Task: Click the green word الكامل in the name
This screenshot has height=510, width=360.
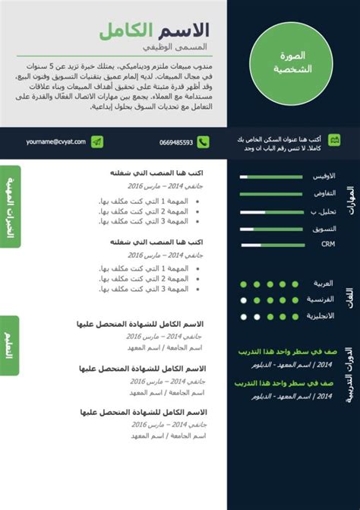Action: pyautogui.click(x=125, y=31)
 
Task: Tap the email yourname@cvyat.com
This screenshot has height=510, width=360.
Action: pyautogui.click(x=53, y=142)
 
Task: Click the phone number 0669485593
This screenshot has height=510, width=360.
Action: pyautogui.click(x=176, y=142)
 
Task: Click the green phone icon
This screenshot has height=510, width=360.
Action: pyautogui.click(x=204, y=142)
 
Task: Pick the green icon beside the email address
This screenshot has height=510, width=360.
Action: pyautogui.click(x=96, y=142)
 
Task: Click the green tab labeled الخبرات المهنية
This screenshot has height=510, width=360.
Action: pyautogui.click(x=9, y=206)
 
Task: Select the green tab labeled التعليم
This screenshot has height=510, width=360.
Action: pyautogui.click(x=9, y=334)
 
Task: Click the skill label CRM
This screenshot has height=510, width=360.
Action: pyautogui.click(x=327, y=245)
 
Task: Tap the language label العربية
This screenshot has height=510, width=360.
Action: pyautogui.click(x=324, y=284)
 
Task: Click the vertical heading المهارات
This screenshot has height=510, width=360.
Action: pyautogui.click(x=349, y=204)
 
